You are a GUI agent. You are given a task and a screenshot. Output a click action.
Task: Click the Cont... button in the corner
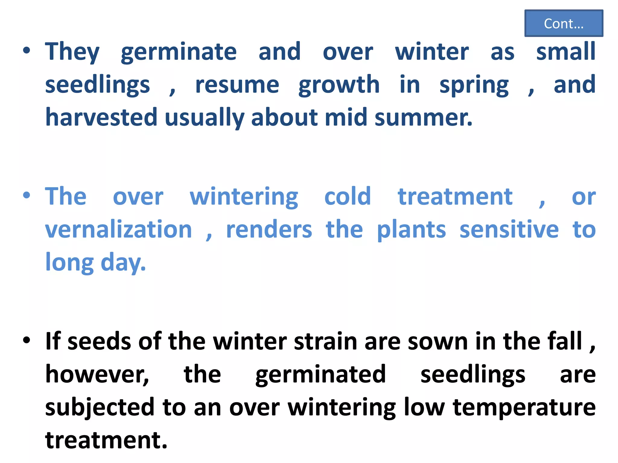563,23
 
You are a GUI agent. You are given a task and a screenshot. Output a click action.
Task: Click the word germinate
179,52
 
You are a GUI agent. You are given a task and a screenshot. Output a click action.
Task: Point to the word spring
474,85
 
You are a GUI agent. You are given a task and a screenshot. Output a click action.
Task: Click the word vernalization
119,229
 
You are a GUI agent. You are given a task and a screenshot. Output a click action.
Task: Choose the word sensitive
509,229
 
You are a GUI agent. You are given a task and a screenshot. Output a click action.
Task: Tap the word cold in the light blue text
347,197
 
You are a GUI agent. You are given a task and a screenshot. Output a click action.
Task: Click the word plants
411,230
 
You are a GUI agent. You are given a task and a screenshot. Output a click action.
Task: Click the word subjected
100,408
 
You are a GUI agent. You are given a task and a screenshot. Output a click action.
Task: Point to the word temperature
524,408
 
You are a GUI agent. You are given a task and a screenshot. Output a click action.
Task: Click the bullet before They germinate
27,51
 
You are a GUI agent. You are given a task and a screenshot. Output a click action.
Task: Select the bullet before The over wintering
27,195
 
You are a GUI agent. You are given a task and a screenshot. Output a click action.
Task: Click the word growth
339,85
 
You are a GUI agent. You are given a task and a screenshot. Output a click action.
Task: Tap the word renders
269,229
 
